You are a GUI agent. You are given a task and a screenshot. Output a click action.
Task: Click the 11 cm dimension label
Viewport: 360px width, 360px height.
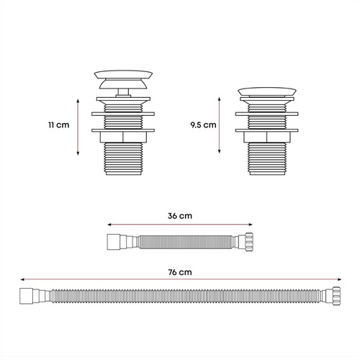(59, 125)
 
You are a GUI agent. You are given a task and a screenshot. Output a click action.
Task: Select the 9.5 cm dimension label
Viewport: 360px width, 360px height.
(203, 125)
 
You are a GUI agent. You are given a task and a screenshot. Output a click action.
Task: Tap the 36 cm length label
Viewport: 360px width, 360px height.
(180, 216)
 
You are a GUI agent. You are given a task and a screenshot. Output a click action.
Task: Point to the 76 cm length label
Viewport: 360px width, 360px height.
(180, 272)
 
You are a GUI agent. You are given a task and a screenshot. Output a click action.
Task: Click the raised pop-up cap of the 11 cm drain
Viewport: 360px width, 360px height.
(123, 79)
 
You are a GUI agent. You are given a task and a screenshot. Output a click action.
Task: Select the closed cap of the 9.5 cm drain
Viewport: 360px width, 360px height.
(267, 92)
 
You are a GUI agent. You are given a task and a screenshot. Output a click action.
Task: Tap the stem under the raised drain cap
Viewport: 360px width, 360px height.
(123, 93)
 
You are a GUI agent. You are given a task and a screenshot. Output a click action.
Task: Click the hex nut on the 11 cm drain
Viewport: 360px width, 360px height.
(123, 137)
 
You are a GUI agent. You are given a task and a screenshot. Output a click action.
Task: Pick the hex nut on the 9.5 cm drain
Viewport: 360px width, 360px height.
(267, 137)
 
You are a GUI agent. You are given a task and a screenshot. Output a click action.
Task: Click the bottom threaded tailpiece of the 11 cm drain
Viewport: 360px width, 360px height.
(123, 158)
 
